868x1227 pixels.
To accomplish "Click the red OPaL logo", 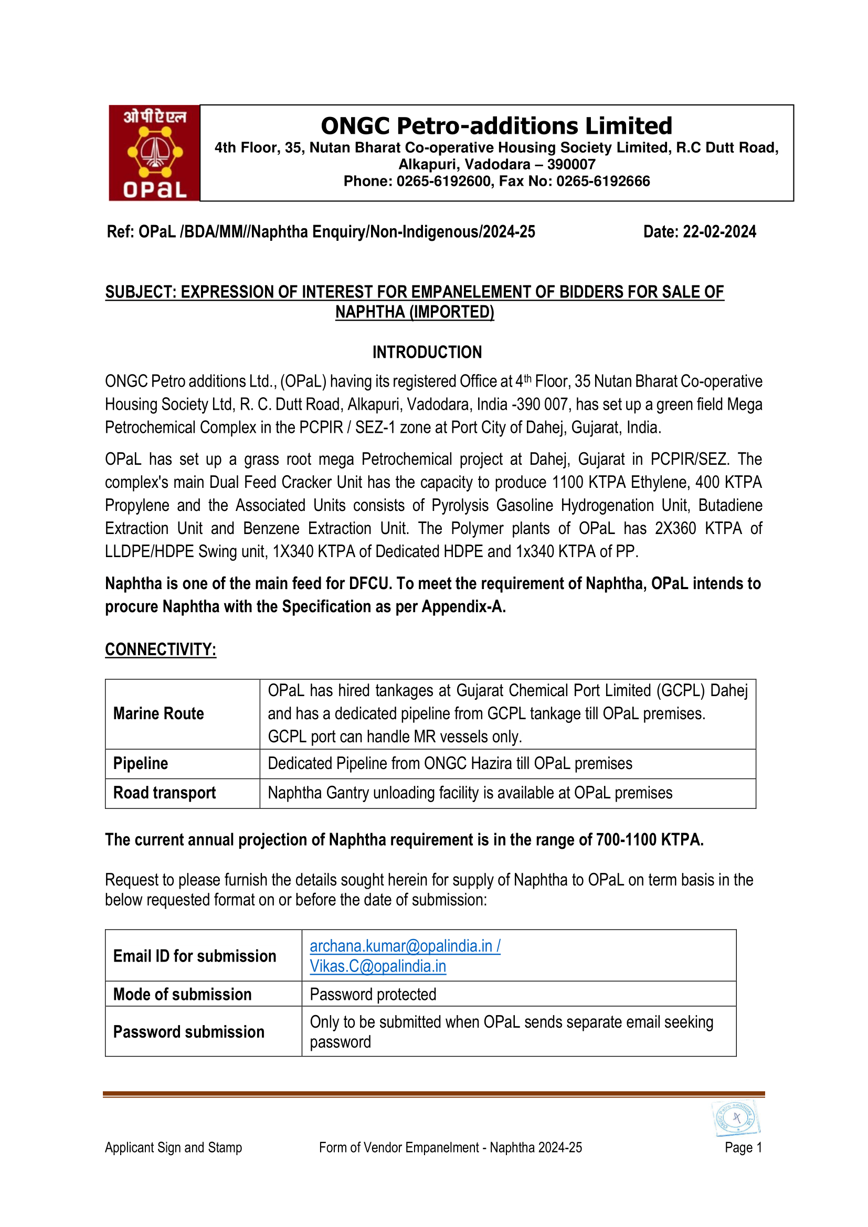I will pyautogui.click(x=154, y=153).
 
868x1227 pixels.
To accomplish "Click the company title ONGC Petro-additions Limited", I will pyautogui.click(x=496, y=126).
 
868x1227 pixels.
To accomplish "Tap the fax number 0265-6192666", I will pyautogui.click(x=603, y=181).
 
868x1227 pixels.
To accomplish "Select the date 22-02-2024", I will pyautogui.click(x=719, y=232).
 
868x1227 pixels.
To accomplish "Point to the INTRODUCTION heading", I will pyautogui.click(x=427, y=352).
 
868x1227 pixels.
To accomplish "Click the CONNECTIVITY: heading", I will pyautogui.click(x=161, y=649).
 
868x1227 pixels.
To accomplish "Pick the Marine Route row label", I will pyautogui.click(x=158, y=713).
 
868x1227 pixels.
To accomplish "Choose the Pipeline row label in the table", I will pyautogui.click(x=141, y=763).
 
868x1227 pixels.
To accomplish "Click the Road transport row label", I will pyautogui.click(x=164, y=793).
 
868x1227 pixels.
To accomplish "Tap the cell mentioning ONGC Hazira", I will pyautogui.click(x=450, y=763).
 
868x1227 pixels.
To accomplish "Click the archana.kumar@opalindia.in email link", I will pyautogui.click(x=401, y=946).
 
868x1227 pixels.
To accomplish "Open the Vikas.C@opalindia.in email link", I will pyautogui.click(x=378, y=966).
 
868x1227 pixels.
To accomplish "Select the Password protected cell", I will pyautogui.click(x=373, y=994).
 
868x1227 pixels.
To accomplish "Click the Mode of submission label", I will pyautogui.click(x=182, y=994).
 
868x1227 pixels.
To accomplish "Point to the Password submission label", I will pyautogui.click(x=189, y=1031).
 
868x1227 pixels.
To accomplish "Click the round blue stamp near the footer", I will pyautogui.click(x=736, y=1117).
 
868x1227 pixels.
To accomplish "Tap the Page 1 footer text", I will pyautogui.click(x=743, y=1147).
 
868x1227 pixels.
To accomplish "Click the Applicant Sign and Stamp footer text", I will pyautogui.click(x=173, y=1147).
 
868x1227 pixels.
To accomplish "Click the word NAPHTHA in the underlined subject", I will pyautogui.click(x=370, y=312).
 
